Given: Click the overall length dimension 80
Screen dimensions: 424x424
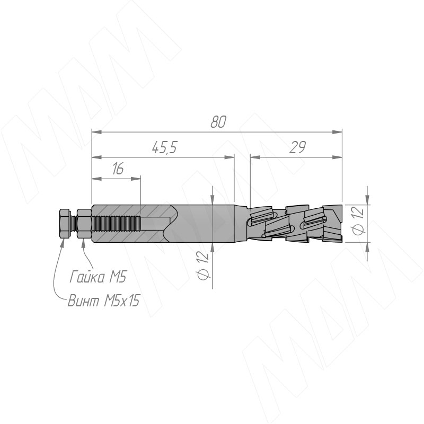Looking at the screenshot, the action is [x=218, y=122].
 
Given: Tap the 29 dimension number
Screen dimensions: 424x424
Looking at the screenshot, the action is [x=297, y=147].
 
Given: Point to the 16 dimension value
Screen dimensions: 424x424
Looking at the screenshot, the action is [x=118, y=169].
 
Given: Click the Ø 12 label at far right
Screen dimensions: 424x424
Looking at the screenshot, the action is [x=358, y=221].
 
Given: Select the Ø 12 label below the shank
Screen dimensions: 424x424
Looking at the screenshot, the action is [x=203, y=266].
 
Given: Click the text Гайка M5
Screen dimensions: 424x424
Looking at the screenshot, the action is [x=98, y=277].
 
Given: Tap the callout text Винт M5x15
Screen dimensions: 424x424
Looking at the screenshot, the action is [x=103, y=300].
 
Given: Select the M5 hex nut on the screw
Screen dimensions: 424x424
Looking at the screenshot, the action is [x=84, y=223].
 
